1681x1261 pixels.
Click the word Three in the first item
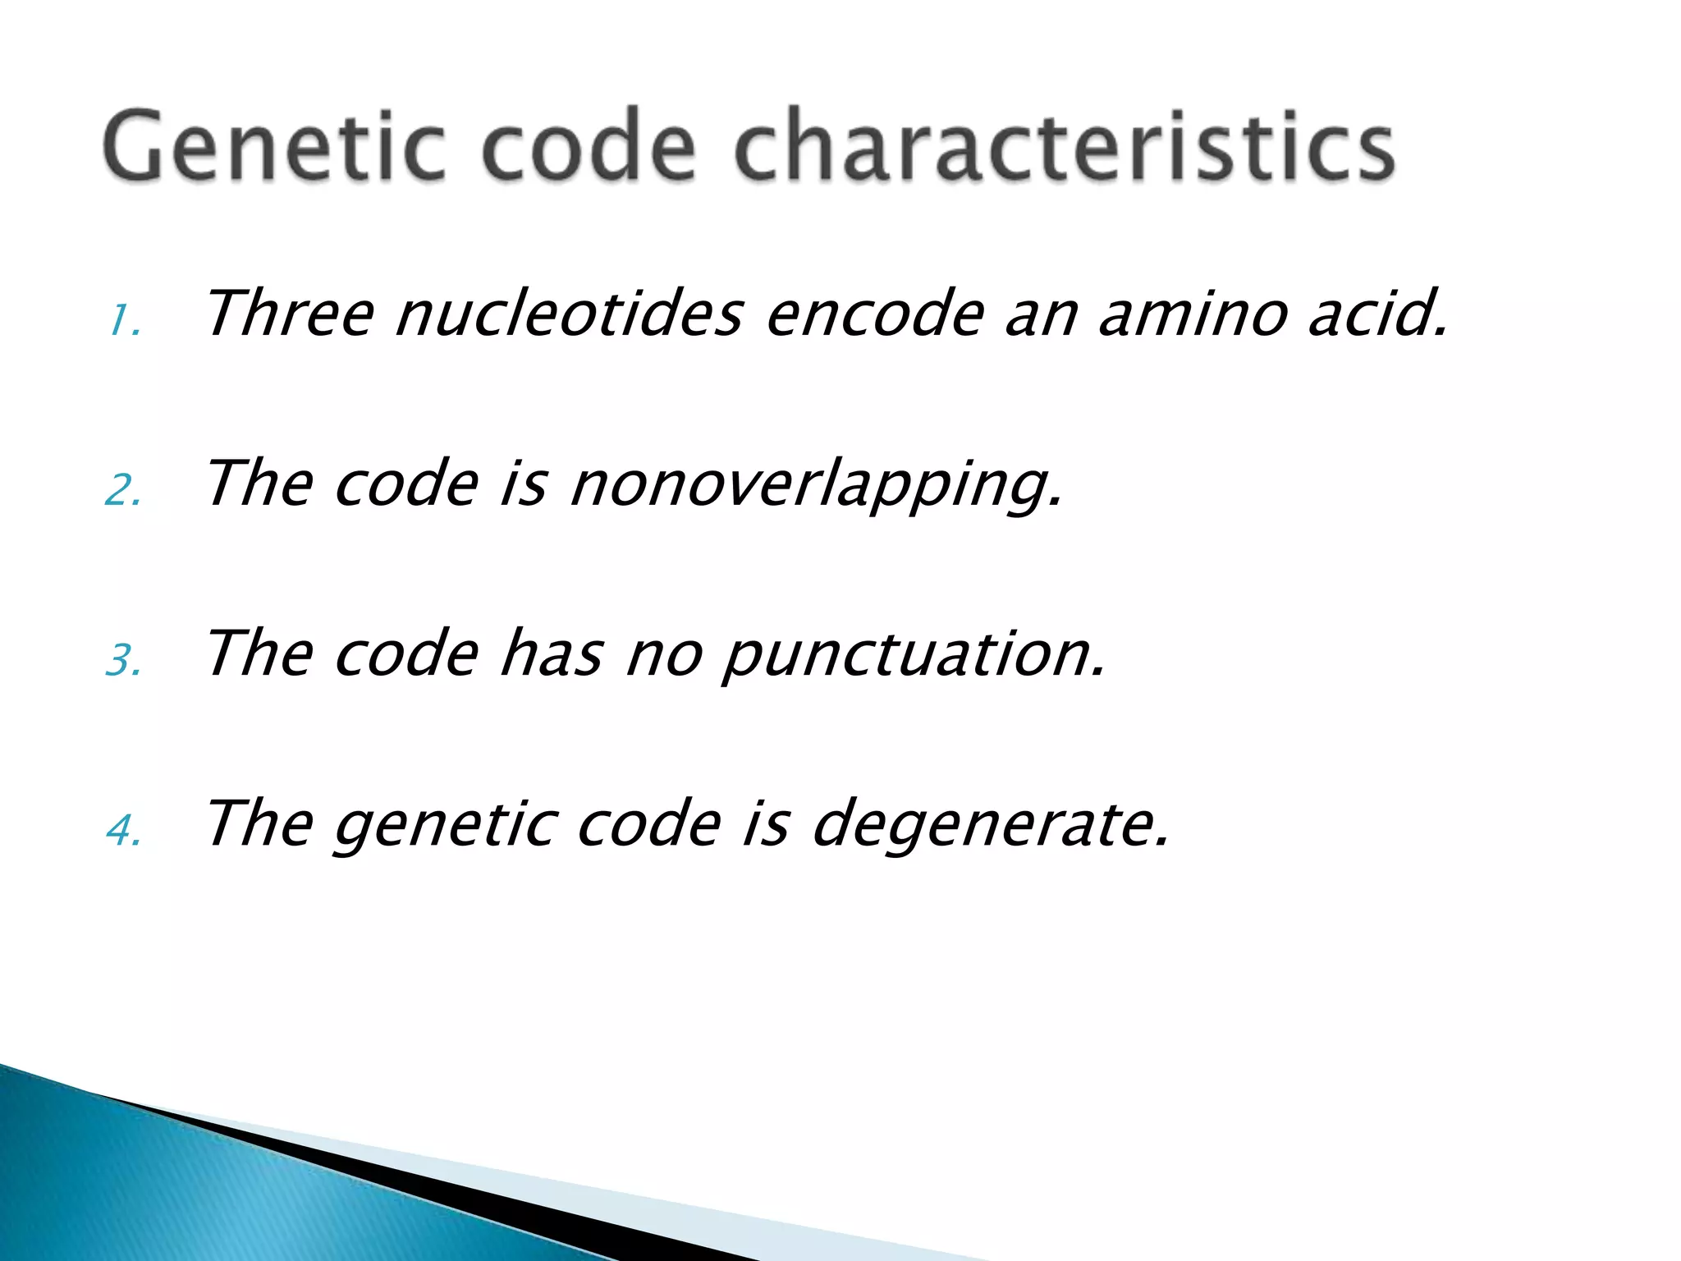coord(289,314)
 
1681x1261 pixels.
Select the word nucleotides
coord(570,314)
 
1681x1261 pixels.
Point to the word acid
coord(1377,314)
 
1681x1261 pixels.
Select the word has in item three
coord(551,654)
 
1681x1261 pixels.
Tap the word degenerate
coord(989,826)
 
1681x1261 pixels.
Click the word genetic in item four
coord(445,826)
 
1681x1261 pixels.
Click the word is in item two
coord(523,484)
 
